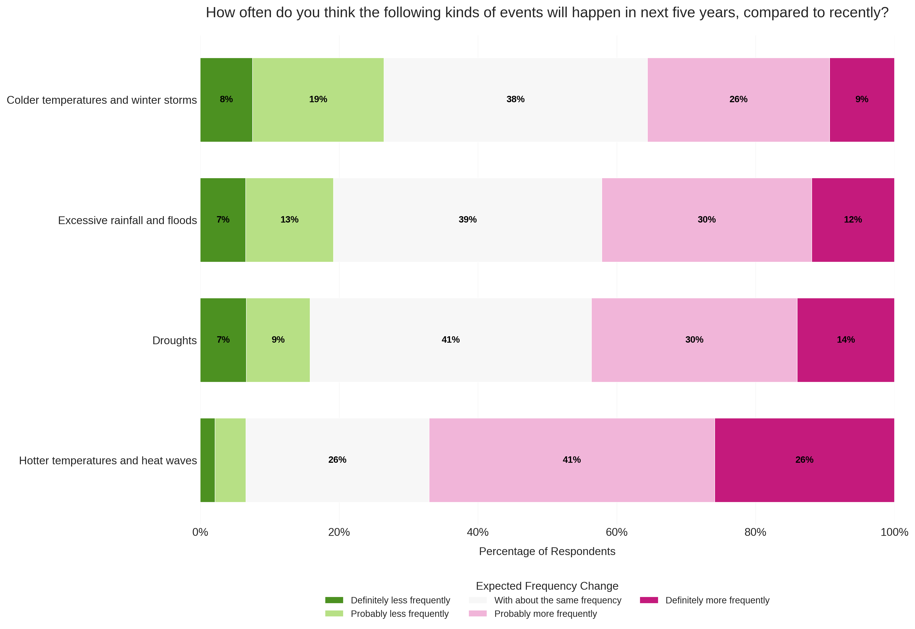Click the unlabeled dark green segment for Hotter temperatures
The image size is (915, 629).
tap(208, 460)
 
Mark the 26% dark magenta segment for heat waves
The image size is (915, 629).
tap(804, 460)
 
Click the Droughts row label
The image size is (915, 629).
tap(174, 340)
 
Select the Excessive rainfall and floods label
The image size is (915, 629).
tap(127, 220)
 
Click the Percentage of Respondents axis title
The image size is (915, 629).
tap(547, 551)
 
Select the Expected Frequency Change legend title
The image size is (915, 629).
tap(547, 586)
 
